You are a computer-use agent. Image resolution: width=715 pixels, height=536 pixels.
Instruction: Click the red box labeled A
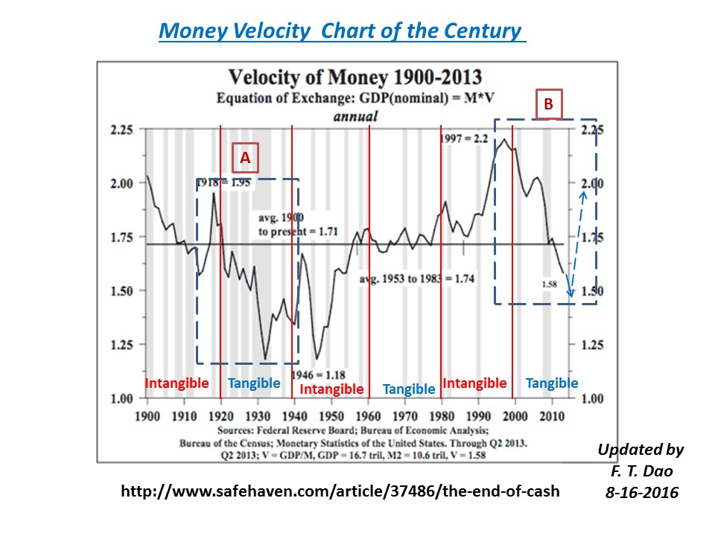point(245,157)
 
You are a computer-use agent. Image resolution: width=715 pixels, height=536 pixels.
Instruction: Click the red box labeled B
point(549,106)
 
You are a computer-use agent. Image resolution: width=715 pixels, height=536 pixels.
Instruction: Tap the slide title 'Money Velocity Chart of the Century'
point(343,31)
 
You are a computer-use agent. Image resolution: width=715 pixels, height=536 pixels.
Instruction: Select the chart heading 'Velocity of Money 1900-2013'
point(355,77)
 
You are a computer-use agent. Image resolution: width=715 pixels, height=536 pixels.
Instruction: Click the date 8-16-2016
point(642,493)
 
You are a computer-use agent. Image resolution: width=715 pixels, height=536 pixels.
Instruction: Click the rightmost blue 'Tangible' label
point(552,383)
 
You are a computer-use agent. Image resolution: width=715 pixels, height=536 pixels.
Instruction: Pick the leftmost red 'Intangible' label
point(177,383)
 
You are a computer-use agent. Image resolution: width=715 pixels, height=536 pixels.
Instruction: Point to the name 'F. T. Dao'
point(641,471)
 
